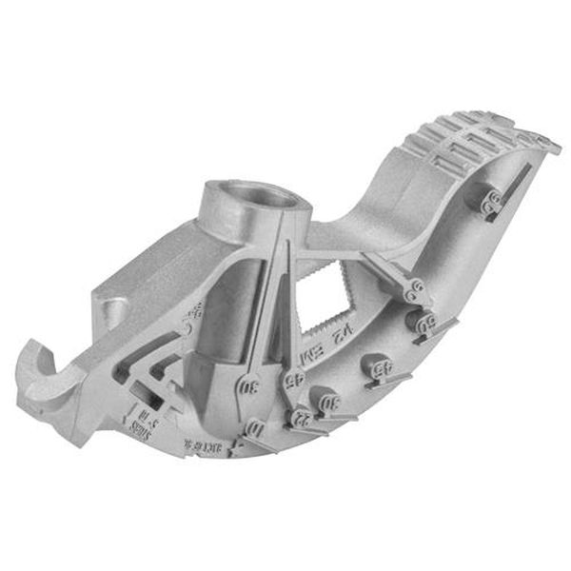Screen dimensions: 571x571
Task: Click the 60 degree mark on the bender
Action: tap(424, 322)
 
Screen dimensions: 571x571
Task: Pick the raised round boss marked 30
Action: tap(332, 402)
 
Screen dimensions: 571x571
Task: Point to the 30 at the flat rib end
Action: tap(249, 387)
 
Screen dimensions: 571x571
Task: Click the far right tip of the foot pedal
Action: tap(558, 146)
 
